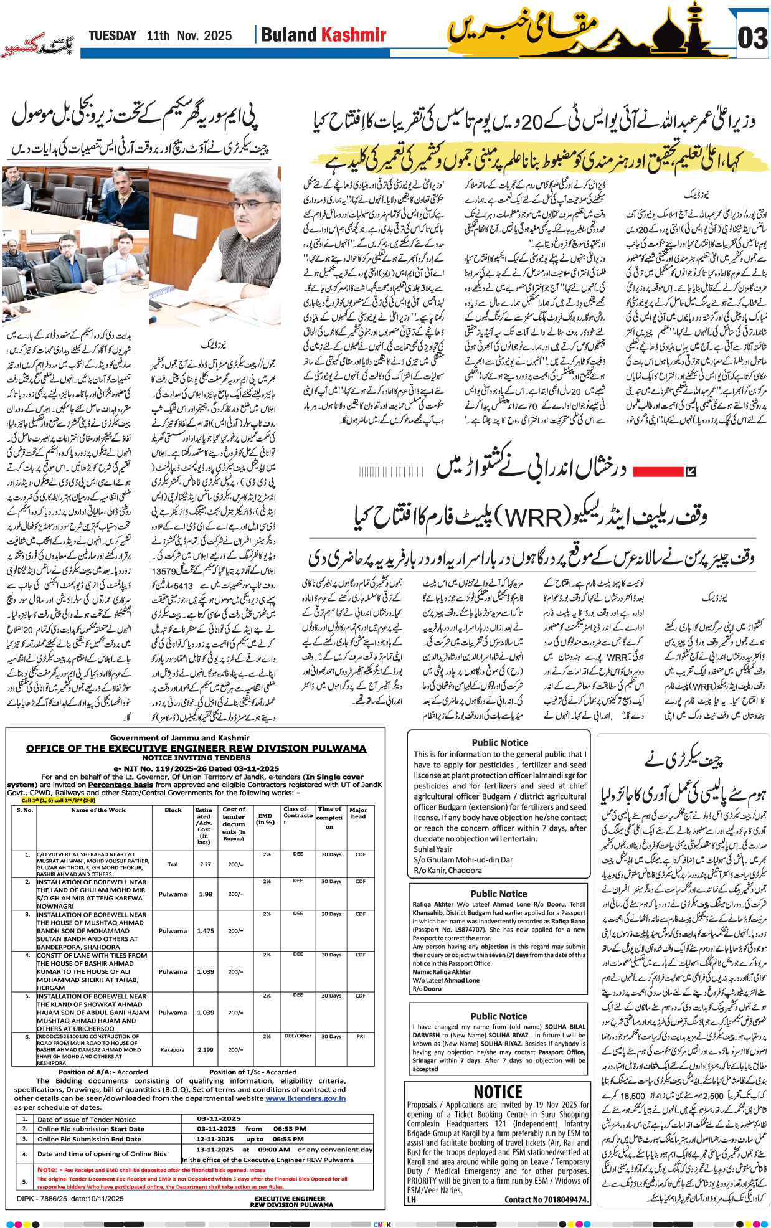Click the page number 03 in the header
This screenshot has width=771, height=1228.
coord(752,39)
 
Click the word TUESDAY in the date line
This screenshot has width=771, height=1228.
coord(112,36)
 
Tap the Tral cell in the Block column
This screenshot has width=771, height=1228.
coord(173,864)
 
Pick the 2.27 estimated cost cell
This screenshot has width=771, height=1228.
coord(206,864)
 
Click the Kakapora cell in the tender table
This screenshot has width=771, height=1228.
coord(173,1049)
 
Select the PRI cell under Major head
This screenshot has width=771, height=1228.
coord(361,1037)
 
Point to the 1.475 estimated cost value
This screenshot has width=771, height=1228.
coord(206,931)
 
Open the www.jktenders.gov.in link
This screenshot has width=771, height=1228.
coord(305,1098)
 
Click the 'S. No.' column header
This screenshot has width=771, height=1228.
coord(25,810)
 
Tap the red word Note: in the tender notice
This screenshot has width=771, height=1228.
coord(47,1169)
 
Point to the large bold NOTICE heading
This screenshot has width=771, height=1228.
coord(498,1092)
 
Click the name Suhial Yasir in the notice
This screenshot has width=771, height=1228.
coord(433,849)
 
